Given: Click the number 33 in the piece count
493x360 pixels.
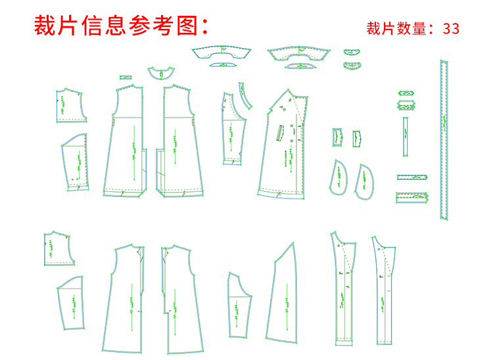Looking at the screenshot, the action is pyautogui.click(x=452, y=28).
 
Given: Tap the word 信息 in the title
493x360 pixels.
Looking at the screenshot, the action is pyautogui.click(x=104, y=26).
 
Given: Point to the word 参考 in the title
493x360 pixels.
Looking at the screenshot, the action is pyautogui.click(x=152, y=26).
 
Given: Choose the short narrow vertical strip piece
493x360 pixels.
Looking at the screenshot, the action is pyautogui.click(x=406, y=137).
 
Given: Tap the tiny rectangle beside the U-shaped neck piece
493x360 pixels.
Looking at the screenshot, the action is pyautogui.click(x=126, y=78).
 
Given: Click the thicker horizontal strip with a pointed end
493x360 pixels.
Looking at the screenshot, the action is pyautogui.click(x=411, y=196).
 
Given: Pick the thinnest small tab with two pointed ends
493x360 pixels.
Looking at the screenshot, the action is pyautogui.click(x=406, y=93).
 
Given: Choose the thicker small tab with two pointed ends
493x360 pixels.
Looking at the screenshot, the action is pyautogui.click(x=406, y=105).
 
